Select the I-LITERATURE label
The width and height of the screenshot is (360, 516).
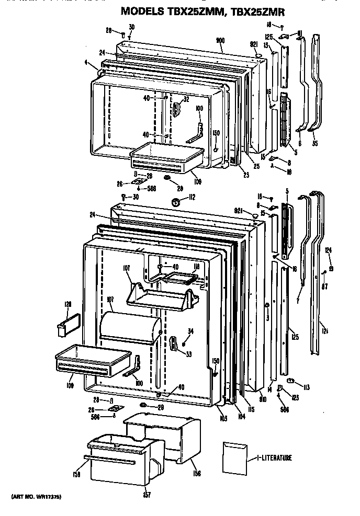274,458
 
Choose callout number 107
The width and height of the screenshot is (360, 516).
126,269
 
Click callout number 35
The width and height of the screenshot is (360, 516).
314,142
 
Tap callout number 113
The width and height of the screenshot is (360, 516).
307,387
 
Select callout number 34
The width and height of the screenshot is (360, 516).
190,330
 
